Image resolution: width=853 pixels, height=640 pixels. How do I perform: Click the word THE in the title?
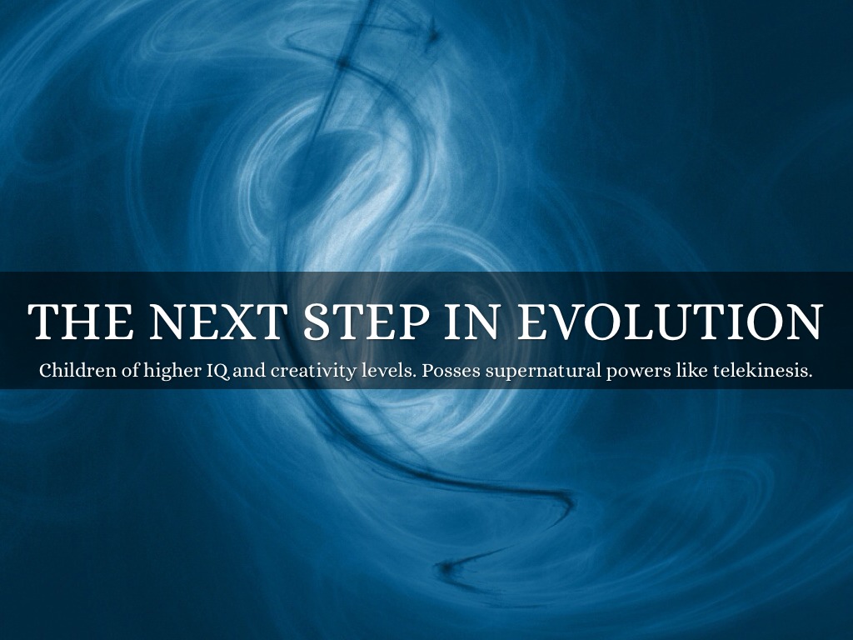[81, 322]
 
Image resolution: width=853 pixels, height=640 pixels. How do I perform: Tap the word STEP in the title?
[367, 322]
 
